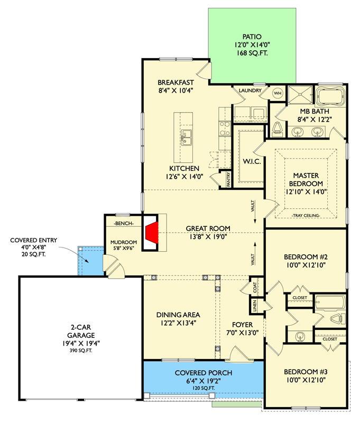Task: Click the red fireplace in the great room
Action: pos(152,233)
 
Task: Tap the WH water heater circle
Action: pos(278,94)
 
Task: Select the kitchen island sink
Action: pos(186,137)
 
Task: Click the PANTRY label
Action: pos(229,179)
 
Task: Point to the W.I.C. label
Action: pos(252,162)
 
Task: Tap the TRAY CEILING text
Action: pos(306,216)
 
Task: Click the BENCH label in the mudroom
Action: pos(124,223)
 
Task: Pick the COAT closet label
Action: pos(255,288)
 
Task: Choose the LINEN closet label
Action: pos(255,306)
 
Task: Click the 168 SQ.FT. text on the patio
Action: pos(252,53)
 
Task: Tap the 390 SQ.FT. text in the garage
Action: pos(81,351)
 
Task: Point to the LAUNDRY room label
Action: pos(250,90)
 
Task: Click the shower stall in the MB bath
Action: pos(300,95)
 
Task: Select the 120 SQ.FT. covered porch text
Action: pos(204,388)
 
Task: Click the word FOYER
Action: pos(243,325)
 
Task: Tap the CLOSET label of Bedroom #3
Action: pos(330,339)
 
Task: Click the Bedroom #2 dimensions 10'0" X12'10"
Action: pos(306,265)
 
